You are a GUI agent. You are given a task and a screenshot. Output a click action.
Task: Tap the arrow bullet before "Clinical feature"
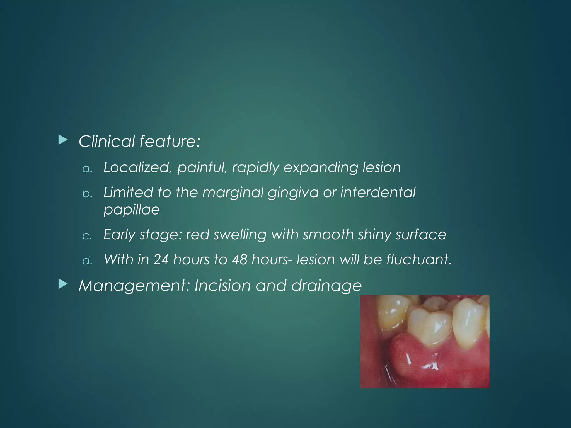point(63,140)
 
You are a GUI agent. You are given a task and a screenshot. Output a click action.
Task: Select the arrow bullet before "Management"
point(63,284)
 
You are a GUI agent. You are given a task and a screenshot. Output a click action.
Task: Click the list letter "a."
point(87,169)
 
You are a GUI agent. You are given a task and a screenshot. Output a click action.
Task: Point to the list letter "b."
point(87,193)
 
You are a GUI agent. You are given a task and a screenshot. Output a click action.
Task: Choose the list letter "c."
point(87,236)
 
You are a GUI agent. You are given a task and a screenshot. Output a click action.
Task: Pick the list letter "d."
point(87,260)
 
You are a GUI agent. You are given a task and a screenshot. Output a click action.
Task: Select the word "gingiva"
point(293,193)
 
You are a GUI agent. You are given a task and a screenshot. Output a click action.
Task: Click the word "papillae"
point(132,209)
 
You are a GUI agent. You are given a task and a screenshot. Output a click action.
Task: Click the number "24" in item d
point(161,259)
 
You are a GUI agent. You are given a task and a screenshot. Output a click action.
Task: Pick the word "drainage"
point(326,286)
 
